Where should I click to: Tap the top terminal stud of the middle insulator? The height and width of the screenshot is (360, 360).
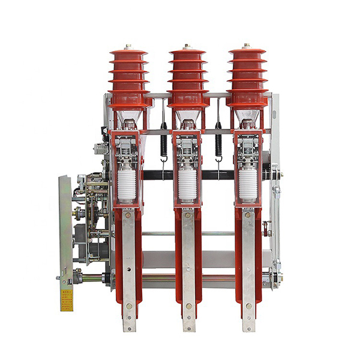[188, 46]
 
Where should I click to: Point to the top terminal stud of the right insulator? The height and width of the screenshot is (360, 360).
[247, 46]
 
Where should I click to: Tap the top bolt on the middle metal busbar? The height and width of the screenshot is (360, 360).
[188, 215]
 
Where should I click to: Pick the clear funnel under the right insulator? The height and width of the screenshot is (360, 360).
[247, 117]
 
